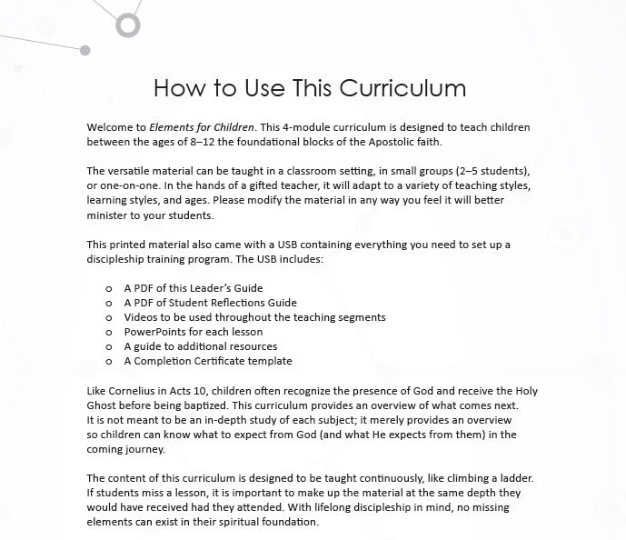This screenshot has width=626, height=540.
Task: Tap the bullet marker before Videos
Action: (109, 317)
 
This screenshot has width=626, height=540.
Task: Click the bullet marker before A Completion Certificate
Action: (109, 361)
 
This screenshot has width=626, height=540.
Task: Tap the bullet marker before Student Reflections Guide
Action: (109, 303)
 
